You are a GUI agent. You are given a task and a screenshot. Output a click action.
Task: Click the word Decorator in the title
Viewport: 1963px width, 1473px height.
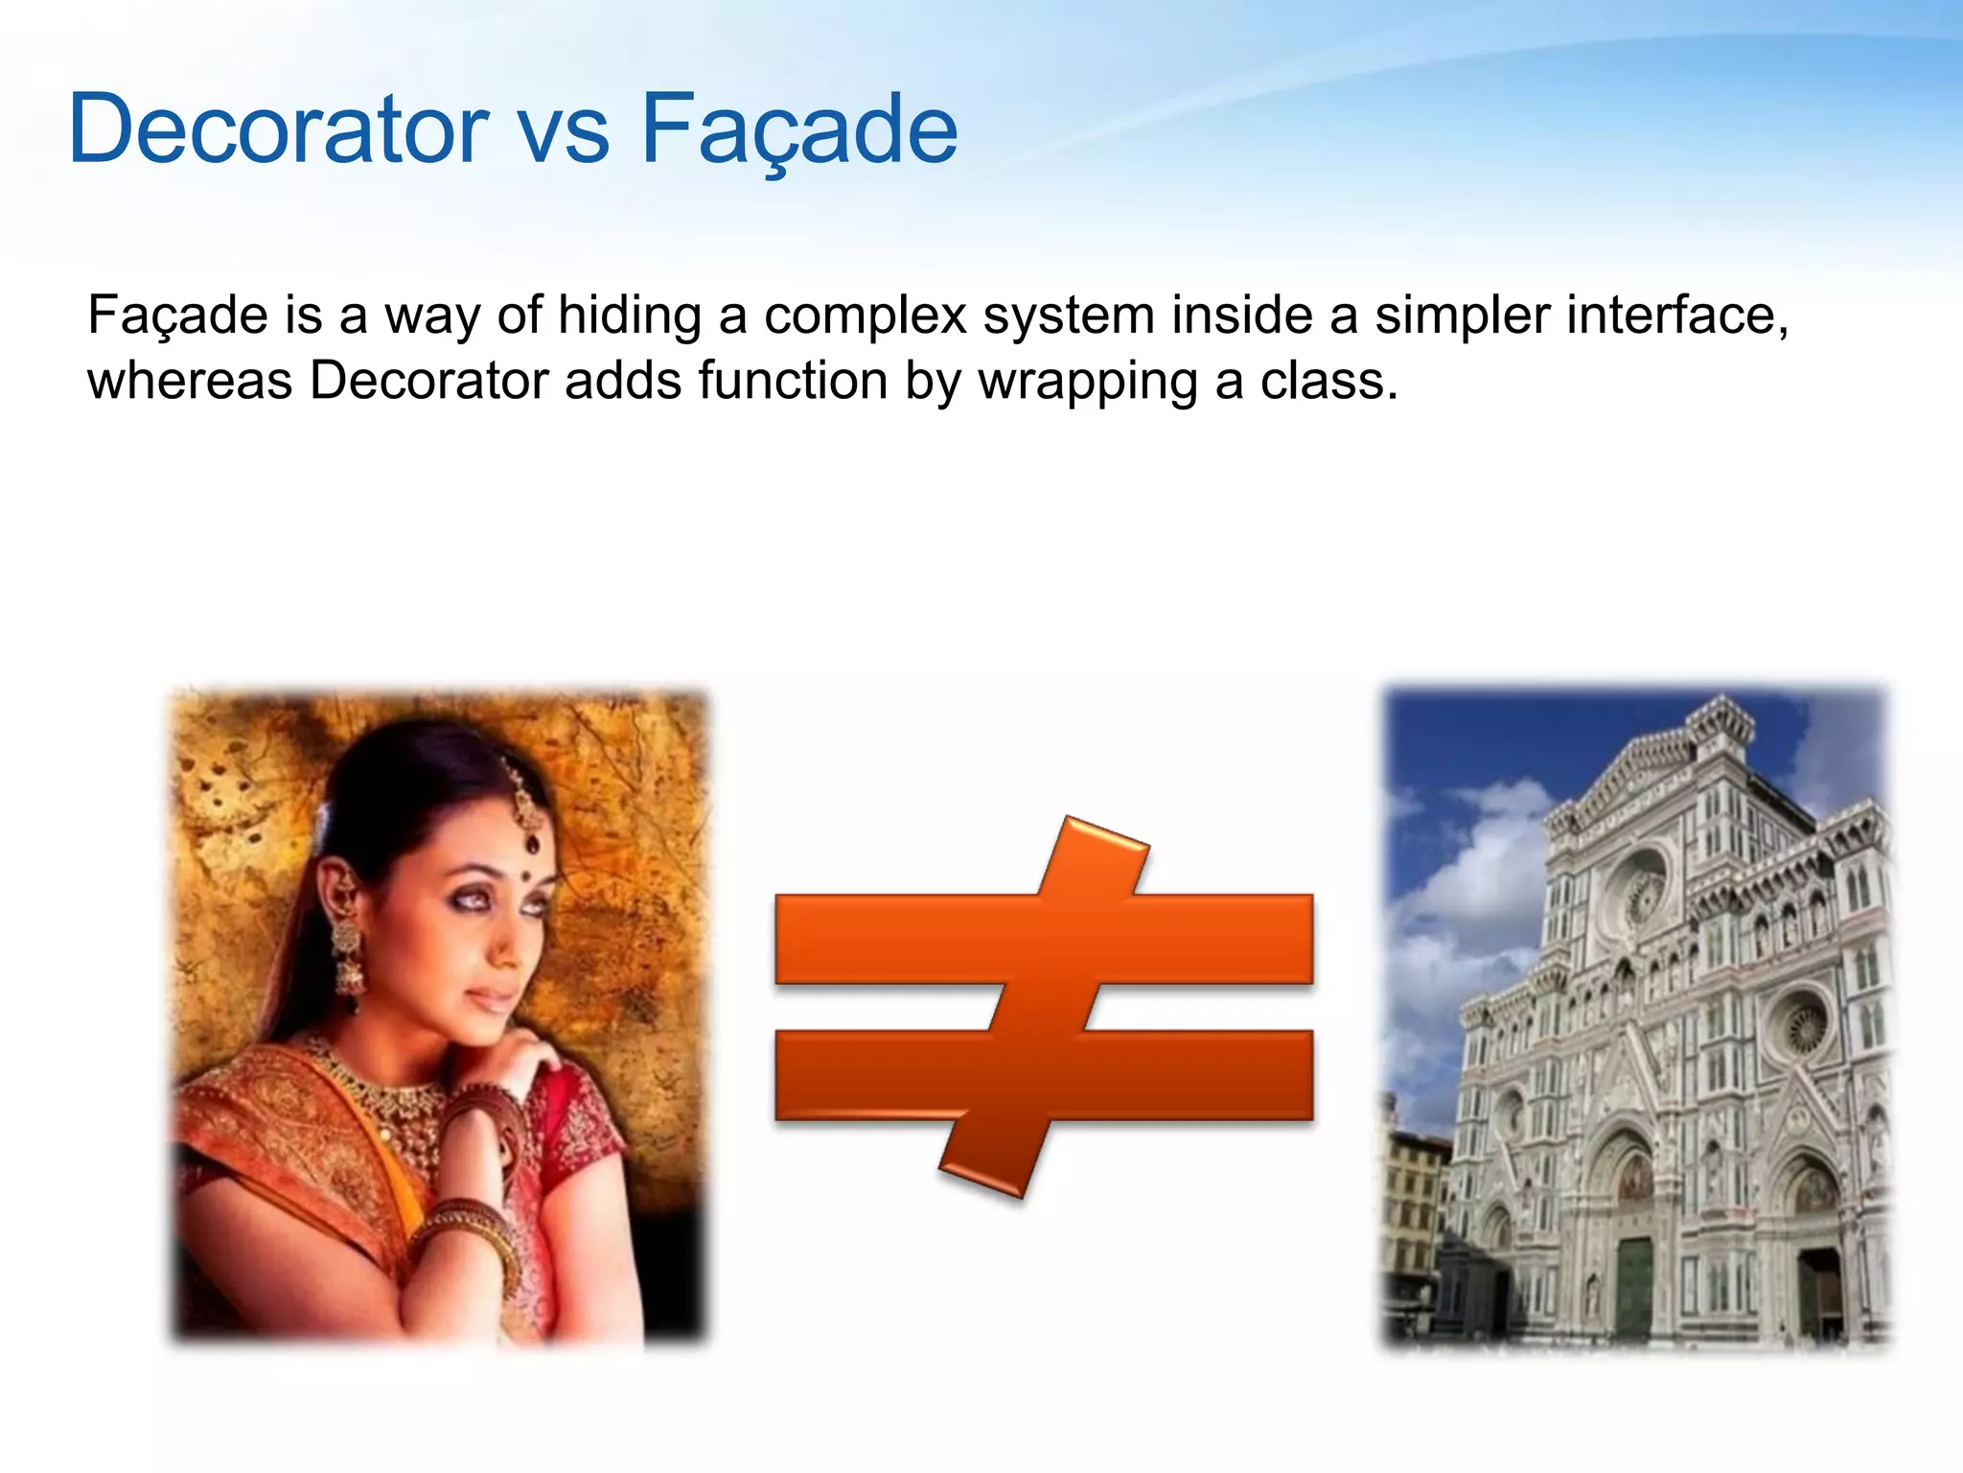(278, 129)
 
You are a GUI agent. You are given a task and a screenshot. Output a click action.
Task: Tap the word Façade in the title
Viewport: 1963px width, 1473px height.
(798, 129)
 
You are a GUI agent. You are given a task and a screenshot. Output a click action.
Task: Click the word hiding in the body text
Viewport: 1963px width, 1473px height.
(629, 316)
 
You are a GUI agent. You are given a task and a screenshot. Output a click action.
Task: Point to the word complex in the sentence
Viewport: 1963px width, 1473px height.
(866, 317)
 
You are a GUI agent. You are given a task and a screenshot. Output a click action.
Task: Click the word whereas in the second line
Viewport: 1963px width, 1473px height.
(190, 381)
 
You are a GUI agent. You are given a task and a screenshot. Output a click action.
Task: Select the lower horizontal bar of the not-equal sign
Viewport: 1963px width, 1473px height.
(1198, 1074)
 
